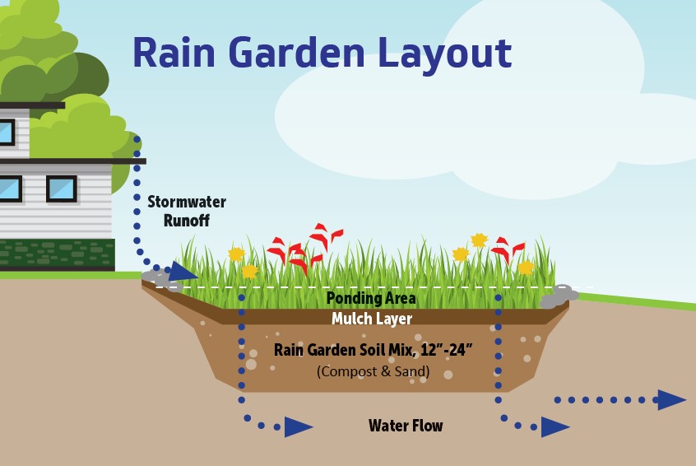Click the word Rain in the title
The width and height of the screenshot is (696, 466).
click(x=174, y=52)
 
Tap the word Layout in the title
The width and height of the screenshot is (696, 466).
click(x=445, y=55)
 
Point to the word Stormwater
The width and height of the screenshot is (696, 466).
click(x=187, y=203)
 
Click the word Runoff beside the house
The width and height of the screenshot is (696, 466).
click(x=187, y=221)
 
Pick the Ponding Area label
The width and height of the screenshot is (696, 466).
click(x=371, y=299)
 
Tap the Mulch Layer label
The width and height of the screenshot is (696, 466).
click(x=372, y=319)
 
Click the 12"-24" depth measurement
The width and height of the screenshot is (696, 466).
click(x=447, y=350)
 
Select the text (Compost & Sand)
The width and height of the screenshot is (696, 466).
click(x=373, y=371)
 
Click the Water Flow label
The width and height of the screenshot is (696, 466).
click(x=406, y=426)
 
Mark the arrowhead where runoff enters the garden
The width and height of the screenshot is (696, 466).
click(x=182, y=271)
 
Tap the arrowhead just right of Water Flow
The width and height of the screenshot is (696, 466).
click(x=554, y=427)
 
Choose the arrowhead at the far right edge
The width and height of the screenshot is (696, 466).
click(x=671, y=400)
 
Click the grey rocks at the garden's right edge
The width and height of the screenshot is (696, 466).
click(x=559, y=296)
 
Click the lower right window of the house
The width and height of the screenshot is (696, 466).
click(x=62, y=189)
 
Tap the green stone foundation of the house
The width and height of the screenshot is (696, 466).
click(x=58, y=254)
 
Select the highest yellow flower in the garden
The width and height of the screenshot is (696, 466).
click(x=480, y=240)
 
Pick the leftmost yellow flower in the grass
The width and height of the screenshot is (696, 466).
click(x=237, y=254)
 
